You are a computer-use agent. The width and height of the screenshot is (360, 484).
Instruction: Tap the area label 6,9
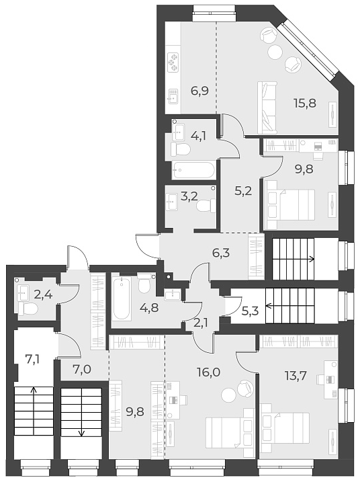pos(199,89)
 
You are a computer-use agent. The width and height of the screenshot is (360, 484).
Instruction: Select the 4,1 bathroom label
pos(198,134)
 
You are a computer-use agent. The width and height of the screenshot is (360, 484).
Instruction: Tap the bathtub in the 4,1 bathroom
pos(193,169)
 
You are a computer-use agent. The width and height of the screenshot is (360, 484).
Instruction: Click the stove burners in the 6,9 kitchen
pos(174,61)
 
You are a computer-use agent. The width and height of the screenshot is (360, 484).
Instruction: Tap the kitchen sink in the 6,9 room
pos(173,99)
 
